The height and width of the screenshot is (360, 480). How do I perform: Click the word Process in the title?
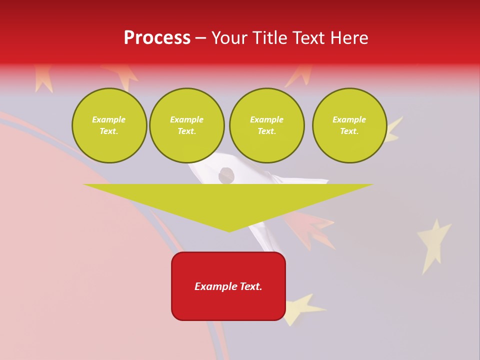[x=157, y=37]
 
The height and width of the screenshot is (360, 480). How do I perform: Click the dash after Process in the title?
[x=200, y=38]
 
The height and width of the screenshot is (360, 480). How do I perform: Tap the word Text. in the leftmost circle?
[x=109, y=131]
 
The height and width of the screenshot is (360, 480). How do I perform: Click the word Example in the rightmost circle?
[x=349, y=119]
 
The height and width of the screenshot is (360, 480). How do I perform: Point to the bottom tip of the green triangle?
[x=229, y=231]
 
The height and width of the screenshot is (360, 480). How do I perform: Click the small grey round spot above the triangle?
[x=226, y=174]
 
